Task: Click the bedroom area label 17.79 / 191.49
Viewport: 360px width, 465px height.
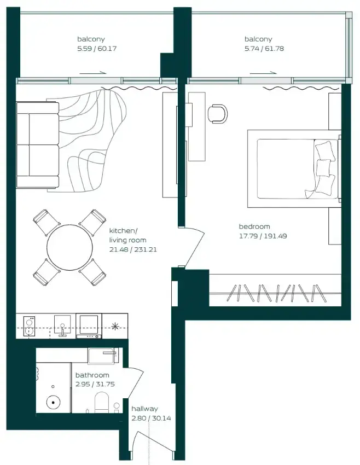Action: click(263, 236)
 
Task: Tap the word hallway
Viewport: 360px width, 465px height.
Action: click(144, 409)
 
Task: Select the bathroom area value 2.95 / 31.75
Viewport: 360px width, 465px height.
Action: click(95, 385)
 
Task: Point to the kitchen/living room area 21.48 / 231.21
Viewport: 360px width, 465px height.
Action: click(133, 249)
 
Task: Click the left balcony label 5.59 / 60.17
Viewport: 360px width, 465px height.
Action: click(97, 48)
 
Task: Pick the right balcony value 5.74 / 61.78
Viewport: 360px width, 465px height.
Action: click(264, 48)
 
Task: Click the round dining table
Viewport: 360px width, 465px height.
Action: click(69, 248)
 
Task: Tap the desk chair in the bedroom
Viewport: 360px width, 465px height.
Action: click(218, 114)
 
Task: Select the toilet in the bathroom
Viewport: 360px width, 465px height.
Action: click(102, 403)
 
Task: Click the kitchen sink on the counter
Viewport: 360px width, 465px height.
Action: click(62, 326)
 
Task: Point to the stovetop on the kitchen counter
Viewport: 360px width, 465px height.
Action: click(29, 327)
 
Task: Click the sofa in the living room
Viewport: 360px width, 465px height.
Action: click(37, 145)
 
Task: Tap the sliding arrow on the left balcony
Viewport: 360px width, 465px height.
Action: click(93, 73)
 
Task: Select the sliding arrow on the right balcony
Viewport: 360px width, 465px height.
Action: click(263, 73)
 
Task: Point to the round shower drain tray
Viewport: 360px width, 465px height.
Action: click(54, 403)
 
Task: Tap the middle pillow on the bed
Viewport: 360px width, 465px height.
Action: click(323, 168)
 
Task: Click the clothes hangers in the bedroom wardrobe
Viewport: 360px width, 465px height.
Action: click(276, 293)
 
